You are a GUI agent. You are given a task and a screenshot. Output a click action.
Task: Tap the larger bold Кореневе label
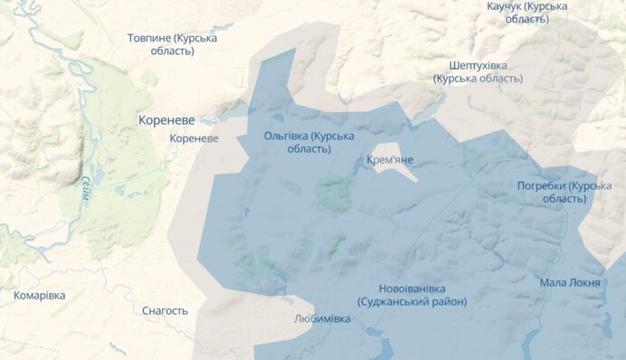(167, 119)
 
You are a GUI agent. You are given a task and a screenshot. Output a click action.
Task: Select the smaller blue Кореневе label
(194, 138)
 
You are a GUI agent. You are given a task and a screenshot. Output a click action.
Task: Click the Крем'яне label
(391, 160)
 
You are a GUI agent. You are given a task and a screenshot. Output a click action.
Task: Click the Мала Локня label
(570, 282)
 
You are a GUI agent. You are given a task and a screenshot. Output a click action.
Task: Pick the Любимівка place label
(322, 319)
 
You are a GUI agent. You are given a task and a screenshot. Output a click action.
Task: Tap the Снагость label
(165, 310)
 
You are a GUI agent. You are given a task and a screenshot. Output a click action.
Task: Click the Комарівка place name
(40, 296)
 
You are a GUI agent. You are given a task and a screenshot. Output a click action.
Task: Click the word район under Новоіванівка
(448, 302)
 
